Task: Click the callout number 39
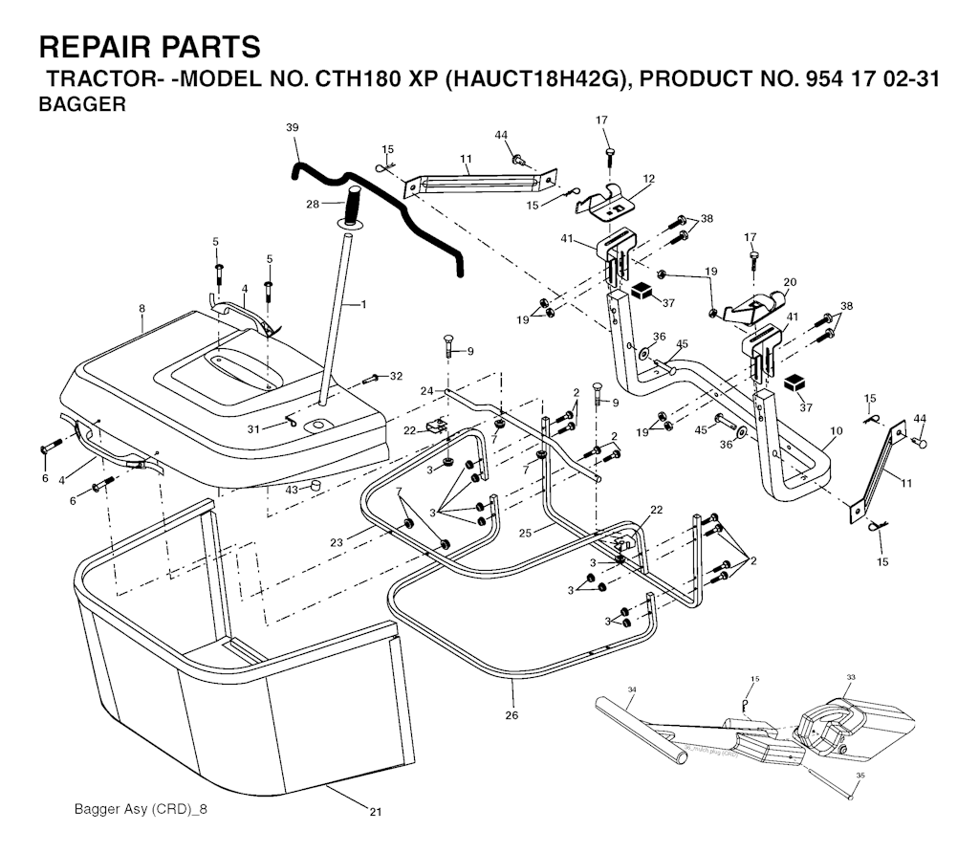click(x=292, y=127)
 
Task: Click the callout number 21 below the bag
click(x=375, y=813)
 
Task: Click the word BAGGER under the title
click(x=81, y=104)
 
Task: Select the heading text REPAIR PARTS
click(x=148, y=46)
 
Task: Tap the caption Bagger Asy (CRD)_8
click(x=141, y=809)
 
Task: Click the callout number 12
click(x=649, y=179)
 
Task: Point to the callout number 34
click(x=632, y=689)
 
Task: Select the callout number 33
click(x=851, y=677)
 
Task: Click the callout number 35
click(x=860, y=776)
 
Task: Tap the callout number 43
click(x=293, y=490)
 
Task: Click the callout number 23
click(x=336, y=543)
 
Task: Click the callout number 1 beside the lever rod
click(x=364, y=304)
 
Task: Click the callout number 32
click(x=397, y=376)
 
